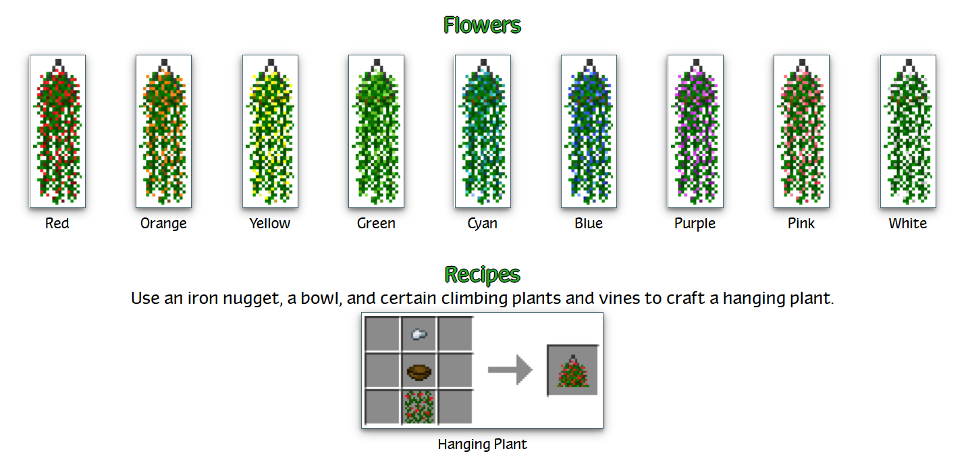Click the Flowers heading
482,25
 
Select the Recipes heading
482,274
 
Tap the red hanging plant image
57,131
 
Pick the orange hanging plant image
163,131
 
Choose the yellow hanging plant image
270,131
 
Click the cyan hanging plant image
483,131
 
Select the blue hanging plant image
589,131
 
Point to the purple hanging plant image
695,131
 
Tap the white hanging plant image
908,131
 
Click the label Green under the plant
376,224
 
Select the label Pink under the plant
801,224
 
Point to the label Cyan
483,224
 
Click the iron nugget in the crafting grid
419,333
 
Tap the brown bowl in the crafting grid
419,371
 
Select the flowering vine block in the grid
419,407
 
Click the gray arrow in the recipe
510,370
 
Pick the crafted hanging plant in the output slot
572,371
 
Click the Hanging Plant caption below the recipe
482,444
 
